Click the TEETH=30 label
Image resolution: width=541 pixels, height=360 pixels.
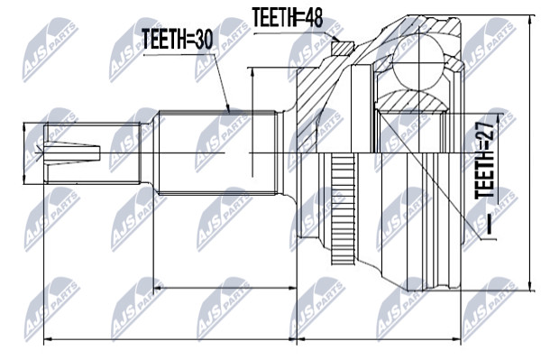pos(177,39)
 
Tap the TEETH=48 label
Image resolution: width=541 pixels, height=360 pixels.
pos(288,17)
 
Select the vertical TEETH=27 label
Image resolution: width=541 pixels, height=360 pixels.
pos(485,159)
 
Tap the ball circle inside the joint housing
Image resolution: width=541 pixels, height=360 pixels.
pos(418,63)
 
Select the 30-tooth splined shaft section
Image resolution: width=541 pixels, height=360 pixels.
pos(217,152)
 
